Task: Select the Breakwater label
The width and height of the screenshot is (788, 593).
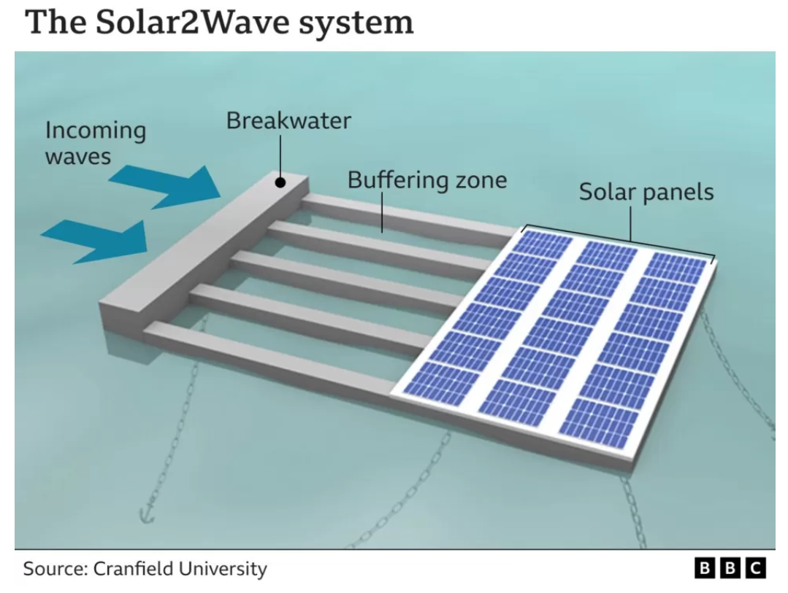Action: point(288,120)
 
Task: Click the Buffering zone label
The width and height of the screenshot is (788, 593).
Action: point(426,179)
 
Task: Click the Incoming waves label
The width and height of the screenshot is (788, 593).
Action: point(95,143)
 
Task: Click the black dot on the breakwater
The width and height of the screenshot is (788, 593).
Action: point(280,182)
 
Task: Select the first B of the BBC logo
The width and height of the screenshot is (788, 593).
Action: point(706,568)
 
